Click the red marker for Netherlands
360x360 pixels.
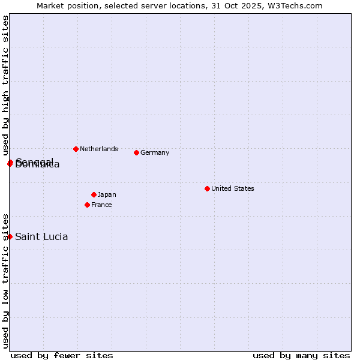pyautogui.click(x=76, y=149)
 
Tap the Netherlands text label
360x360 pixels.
pyautogui.click(x=99, y=149)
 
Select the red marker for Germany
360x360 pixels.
pyautogui.click(x=136, y=152)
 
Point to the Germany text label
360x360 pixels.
pyautogui.click(x=155, y=152)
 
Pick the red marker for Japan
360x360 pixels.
pyautogui.click(x=94, y=194)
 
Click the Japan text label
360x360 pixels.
pyautogui.click(x=107, y=194)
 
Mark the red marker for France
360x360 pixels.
pyautogui.click(x=87, y=205)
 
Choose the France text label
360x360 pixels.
pyautogui.click(x=101, y=205)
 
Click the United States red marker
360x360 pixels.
pyautogui.click(x=207, y=188)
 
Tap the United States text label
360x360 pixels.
pyautogui.click(x=233, y=188)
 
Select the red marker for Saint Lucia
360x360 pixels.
pyautogui.click(x=10, y=236)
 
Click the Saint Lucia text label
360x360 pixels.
pyautogui.click(x=41, y=236)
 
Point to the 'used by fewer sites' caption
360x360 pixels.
pyautogui.click(x=62, y=355)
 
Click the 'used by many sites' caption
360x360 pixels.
pyautogui.click(x=301, y=355)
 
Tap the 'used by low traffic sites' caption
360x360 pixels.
pyautogui.click(x=5, y=281)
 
